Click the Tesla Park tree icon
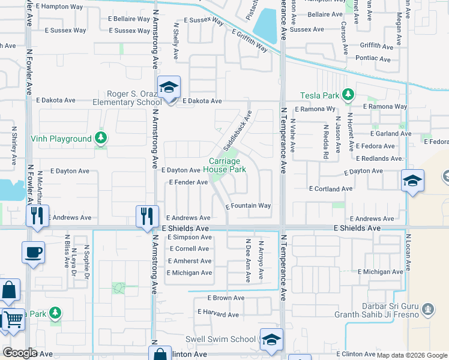tap(347, 95)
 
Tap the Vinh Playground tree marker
tap(101, 139)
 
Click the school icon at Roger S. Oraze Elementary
tap(169, 88)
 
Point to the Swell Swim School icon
tap(271, 340)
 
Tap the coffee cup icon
tap(33, 253)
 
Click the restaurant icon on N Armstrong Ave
tap(146, 216)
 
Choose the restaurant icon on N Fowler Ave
tap(37, 216)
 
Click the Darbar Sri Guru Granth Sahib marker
tap(427, 310)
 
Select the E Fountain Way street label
tap(249, 206)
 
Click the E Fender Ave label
tap(188, 182)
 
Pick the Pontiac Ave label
tap(373, 59)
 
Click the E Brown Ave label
tap(226, 298)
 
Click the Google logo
tap(20, 353)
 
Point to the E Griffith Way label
tap(249, 40)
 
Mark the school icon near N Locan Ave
tap(412, 181)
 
